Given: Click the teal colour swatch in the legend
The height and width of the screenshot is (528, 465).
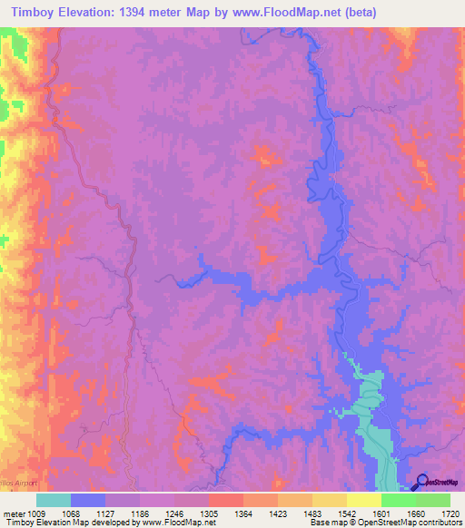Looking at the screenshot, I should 54,500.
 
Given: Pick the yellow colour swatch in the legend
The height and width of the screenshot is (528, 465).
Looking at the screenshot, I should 363,500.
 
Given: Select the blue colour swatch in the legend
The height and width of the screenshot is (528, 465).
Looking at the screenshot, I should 88,500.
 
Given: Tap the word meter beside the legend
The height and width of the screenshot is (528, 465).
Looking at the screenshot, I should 14,513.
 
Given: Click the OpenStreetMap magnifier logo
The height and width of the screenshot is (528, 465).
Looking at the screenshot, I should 421,482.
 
